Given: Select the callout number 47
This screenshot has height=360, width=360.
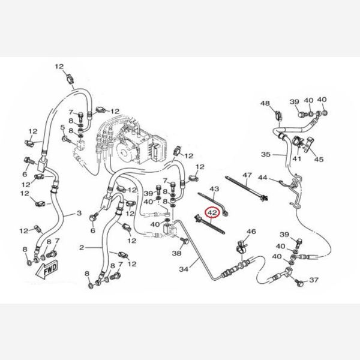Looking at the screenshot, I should click(x=247, y=175).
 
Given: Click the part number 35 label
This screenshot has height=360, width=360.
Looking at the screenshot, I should click(x=266, y=154).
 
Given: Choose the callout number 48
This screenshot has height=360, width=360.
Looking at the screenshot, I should click(x=265, y=103).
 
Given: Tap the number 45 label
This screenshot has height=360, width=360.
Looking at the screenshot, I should click(x=319, y=159).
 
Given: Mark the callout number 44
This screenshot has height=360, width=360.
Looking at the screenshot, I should click(x=262, y=178).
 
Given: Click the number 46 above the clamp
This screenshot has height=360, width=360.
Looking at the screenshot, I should click(x=251, y=232).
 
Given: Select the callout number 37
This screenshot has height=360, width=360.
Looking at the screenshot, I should click(x=314, y=281).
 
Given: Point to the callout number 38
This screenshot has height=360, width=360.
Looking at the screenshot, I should click(x=176, y=254).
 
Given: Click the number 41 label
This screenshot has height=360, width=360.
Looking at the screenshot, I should click(x=297, y=159).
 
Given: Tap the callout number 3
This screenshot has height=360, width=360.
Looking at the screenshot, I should click(x=79, y=213).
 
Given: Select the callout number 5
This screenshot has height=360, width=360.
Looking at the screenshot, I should click(x=62, y=127).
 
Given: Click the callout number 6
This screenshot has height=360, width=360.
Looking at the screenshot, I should click(x=93, y=230).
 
